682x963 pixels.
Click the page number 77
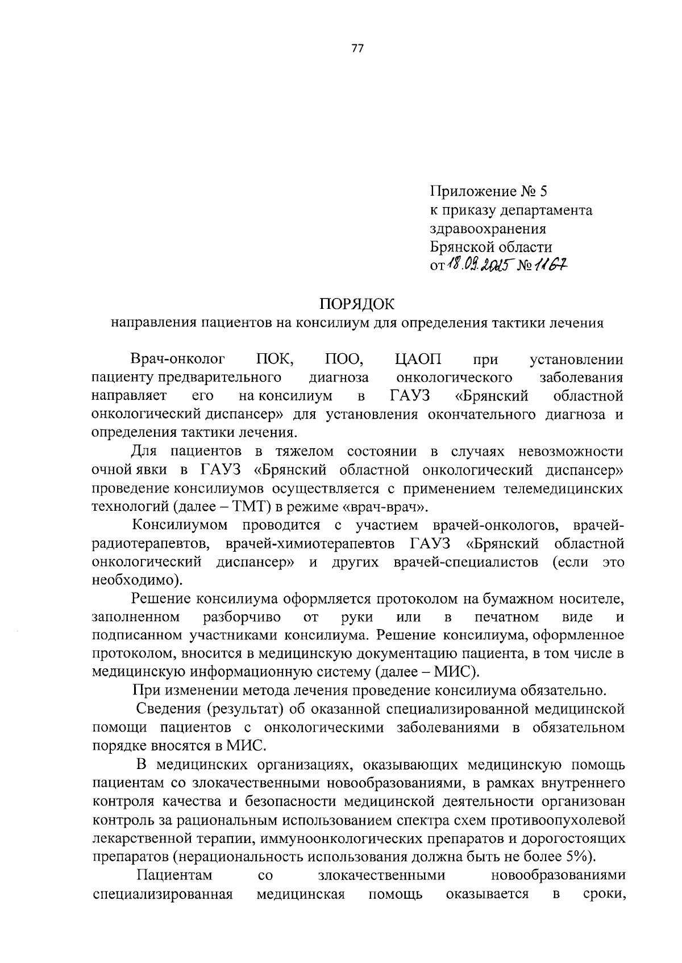pos(357,48)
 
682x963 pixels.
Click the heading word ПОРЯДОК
pos(356,304)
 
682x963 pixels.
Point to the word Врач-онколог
pos(178,359)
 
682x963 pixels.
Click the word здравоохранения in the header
pos(488,229)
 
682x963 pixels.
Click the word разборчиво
pos(242,617)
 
